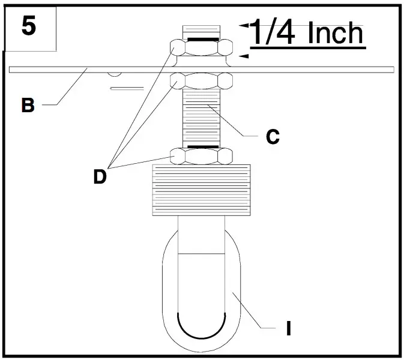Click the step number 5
(29, 26)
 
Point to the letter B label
(27, 106)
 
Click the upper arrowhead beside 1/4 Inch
(244, 26)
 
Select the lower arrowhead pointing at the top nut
(244, 56)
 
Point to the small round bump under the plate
(114, 74)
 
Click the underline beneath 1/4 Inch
(306, 47)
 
